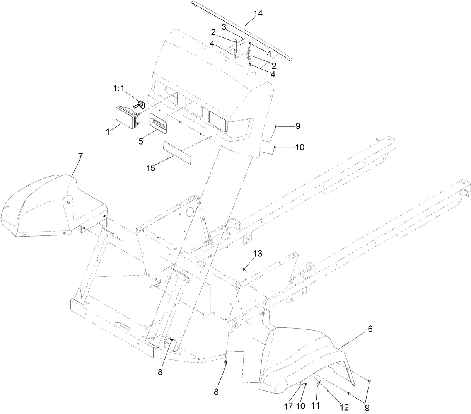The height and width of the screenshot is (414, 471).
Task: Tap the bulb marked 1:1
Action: [x=141, y=104]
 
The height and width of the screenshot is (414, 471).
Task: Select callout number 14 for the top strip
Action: [x=258, y=14]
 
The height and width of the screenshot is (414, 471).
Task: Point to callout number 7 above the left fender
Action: [x=80, y=157]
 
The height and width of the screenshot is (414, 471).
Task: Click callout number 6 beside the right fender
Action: [x=370, y=329]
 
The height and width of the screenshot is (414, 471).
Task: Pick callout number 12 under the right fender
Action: [x=345, y=407]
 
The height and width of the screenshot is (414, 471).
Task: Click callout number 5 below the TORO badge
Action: [x=141, y=141]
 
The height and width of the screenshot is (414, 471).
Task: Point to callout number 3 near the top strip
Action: [x=224, y=27]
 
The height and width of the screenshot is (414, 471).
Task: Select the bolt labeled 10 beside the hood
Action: [x=274, y=147]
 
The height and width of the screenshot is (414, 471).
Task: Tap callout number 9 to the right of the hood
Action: [x=297, y=126]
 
